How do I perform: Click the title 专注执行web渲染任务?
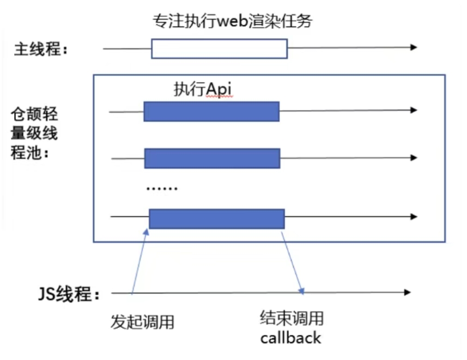pos(234,22)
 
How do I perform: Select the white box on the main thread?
pos(219,48)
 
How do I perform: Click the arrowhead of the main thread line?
pos(414,47)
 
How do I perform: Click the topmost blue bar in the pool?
pos(211,111)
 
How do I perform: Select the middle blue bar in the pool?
pos(212,158)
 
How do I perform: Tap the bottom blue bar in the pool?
pos(217,218)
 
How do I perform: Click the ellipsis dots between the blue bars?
pos(162,189)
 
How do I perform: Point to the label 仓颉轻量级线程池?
pos(34,133)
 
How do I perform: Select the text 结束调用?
pos(292,318)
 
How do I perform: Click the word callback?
pos(290,338)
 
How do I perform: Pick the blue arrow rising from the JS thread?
pos(139,261)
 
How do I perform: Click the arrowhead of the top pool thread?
pos(414,110)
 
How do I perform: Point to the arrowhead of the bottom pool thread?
pos(414,217)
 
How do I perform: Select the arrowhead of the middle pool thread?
pos(414,157)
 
